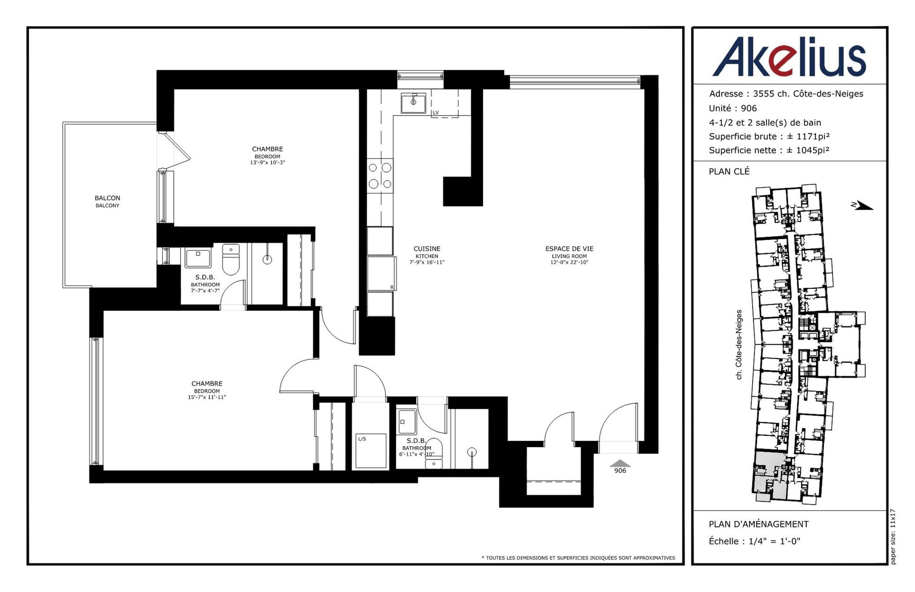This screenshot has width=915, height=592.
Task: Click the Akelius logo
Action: (789, 57)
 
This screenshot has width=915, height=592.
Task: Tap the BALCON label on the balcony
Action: (107, 198)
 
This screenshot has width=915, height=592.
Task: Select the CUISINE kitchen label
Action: (427, 249)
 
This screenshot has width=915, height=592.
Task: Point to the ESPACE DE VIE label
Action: (569, 249)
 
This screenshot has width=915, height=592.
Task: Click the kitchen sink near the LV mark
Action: (413, 102)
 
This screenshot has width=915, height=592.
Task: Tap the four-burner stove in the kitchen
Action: (380, 175)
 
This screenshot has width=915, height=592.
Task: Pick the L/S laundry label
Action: (362, 439)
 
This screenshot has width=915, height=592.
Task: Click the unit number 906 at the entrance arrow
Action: (620, 471)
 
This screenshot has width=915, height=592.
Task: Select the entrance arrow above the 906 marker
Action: (620, 463)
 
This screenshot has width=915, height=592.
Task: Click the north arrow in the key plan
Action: (862, 206)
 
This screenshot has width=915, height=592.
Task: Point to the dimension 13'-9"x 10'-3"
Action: (267, 162)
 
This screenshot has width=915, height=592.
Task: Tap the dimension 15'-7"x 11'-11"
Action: (207, 397)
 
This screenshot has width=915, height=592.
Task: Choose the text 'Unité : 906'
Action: (733, 108)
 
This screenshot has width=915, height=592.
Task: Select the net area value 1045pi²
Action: (812, 150)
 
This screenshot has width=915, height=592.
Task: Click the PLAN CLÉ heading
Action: (729, 172)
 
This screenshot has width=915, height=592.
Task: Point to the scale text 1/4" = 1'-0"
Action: (774, 541)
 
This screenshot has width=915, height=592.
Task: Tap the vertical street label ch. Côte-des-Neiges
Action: (739, 344)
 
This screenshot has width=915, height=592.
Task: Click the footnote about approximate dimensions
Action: (578, 558)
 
